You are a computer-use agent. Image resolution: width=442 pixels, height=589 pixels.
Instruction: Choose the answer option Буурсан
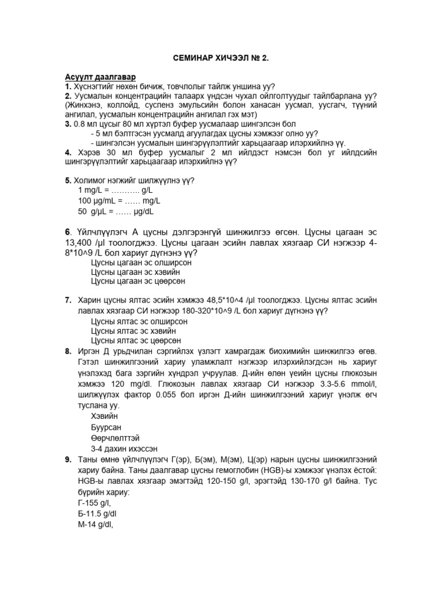107,427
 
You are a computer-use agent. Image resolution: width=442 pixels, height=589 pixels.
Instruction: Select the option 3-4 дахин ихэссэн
125,449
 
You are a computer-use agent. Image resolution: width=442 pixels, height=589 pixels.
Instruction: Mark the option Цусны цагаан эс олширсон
141,262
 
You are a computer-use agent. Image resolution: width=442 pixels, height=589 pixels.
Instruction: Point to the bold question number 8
68,351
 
